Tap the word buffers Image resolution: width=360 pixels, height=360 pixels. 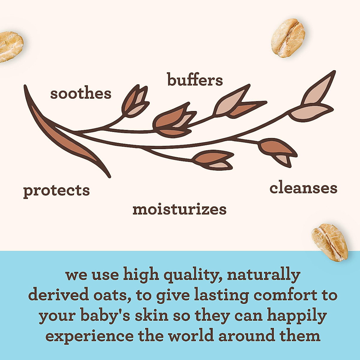coord(195,79)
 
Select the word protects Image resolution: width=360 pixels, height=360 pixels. coord(56,191)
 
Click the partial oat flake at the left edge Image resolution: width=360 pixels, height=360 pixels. coord(11,47)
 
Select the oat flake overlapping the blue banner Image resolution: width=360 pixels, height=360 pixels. coord(329,242)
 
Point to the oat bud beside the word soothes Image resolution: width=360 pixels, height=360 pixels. coord(135,102)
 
